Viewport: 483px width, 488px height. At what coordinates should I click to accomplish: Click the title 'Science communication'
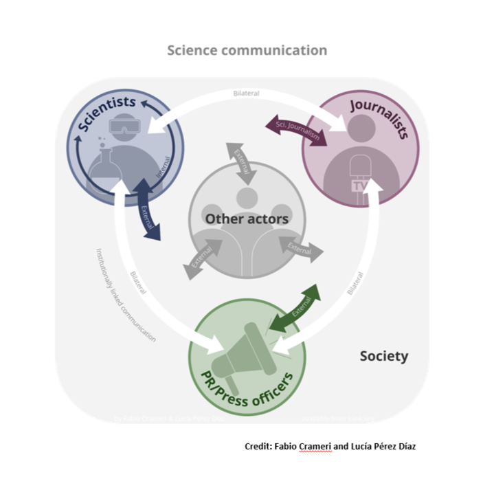247,50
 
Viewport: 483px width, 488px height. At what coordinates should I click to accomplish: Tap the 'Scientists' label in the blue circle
106,114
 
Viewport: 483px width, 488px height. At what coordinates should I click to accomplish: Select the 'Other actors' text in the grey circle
246,219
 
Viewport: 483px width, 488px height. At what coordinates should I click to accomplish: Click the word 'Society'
383,356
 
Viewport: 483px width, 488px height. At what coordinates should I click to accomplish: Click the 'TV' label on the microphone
359,187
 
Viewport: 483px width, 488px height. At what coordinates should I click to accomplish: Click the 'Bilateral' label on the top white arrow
246,93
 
